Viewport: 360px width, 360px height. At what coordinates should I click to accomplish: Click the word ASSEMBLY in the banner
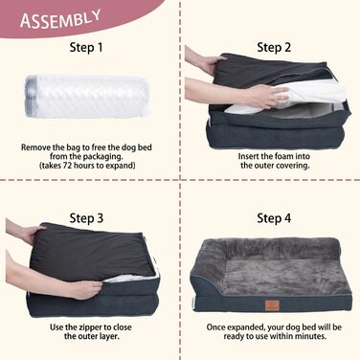click(60, 19)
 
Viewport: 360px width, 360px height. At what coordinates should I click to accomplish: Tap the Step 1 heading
click(86, 48)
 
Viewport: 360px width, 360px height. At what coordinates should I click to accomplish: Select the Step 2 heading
click(274, 47)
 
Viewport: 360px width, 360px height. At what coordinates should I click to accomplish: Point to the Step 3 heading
click(86, 218)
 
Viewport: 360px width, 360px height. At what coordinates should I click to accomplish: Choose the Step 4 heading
click(274, 218)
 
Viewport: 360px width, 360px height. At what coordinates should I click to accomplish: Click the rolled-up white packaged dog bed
click(87, 97)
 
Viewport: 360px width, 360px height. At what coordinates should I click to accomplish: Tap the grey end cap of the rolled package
click(30, 97)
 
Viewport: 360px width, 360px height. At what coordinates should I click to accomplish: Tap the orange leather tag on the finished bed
click(272, 305)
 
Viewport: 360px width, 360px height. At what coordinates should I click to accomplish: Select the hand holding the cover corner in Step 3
click(31, 234)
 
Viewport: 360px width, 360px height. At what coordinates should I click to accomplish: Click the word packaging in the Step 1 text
click(103, 157)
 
